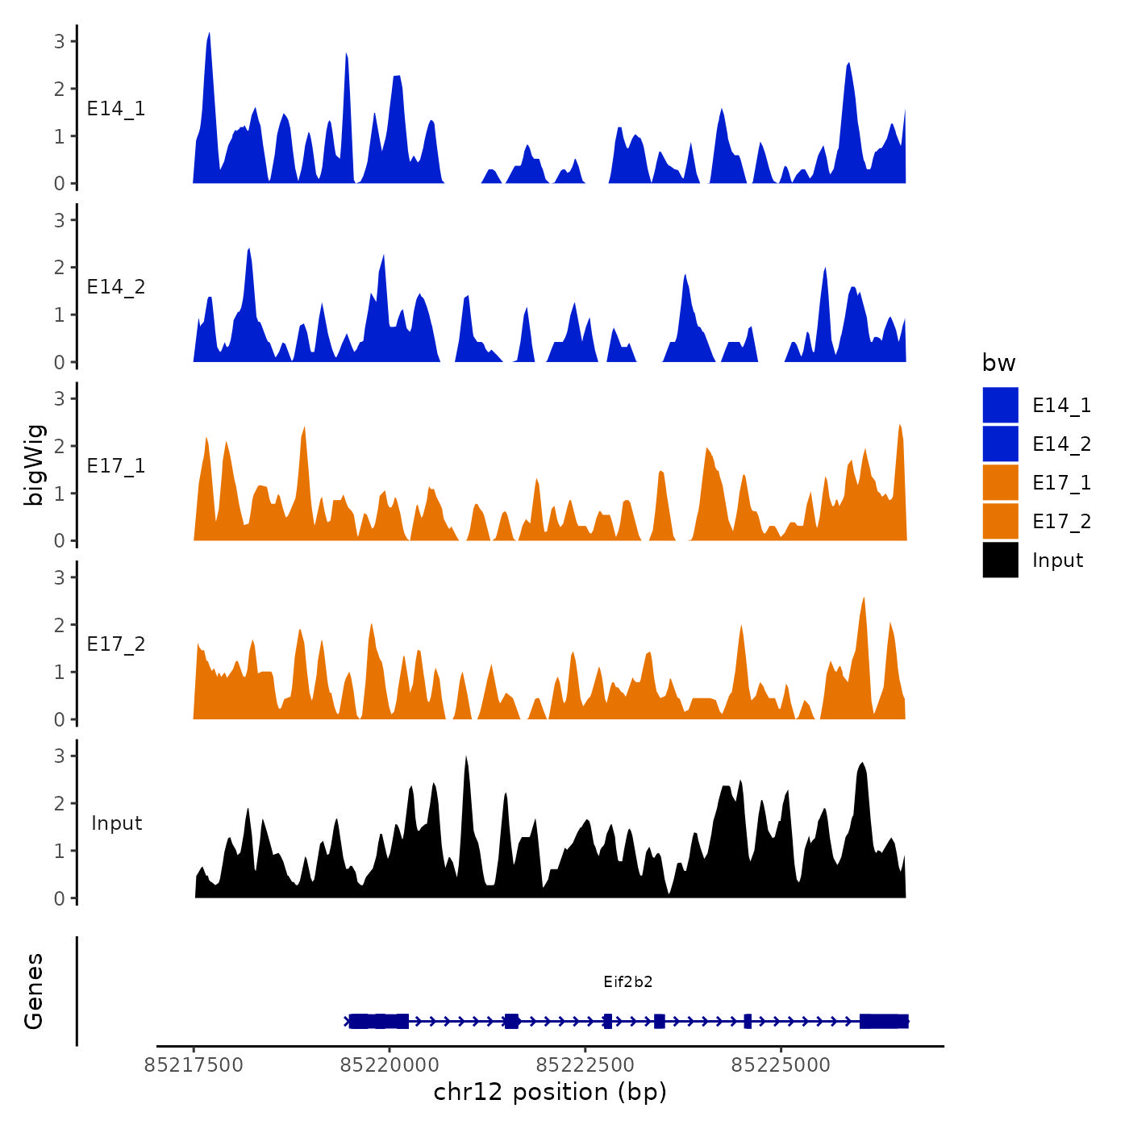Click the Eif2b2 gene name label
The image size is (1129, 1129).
coord(627,981)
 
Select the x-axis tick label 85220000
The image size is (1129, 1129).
coord(390,1065)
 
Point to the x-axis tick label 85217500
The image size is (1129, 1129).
coord(194,1065)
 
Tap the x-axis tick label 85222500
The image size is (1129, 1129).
coord(585,1065)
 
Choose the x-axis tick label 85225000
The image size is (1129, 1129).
coord(781,1065)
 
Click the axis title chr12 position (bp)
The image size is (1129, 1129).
coord(550,1092)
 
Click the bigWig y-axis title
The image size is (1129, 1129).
coord(35,465)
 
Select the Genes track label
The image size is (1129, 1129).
coord(34,991)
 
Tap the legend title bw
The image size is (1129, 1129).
coord(998,363)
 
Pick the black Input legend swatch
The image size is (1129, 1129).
coord(1000,560)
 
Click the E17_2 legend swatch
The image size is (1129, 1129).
coord(1000,521)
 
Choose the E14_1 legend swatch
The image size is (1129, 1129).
coord(1000,405)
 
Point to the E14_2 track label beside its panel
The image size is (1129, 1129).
coord(116,287)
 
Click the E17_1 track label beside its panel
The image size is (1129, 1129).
coord(116,466)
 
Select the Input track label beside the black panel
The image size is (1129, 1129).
coord(116,823)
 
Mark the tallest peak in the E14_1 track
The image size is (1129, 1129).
coord(209,35)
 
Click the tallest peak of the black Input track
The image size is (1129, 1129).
coord(466,758)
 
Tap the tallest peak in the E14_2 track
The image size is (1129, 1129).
coord(249,249)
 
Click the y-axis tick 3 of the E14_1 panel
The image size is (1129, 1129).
coord(60,41)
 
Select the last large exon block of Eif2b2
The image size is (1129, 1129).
coord(884,1022)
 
